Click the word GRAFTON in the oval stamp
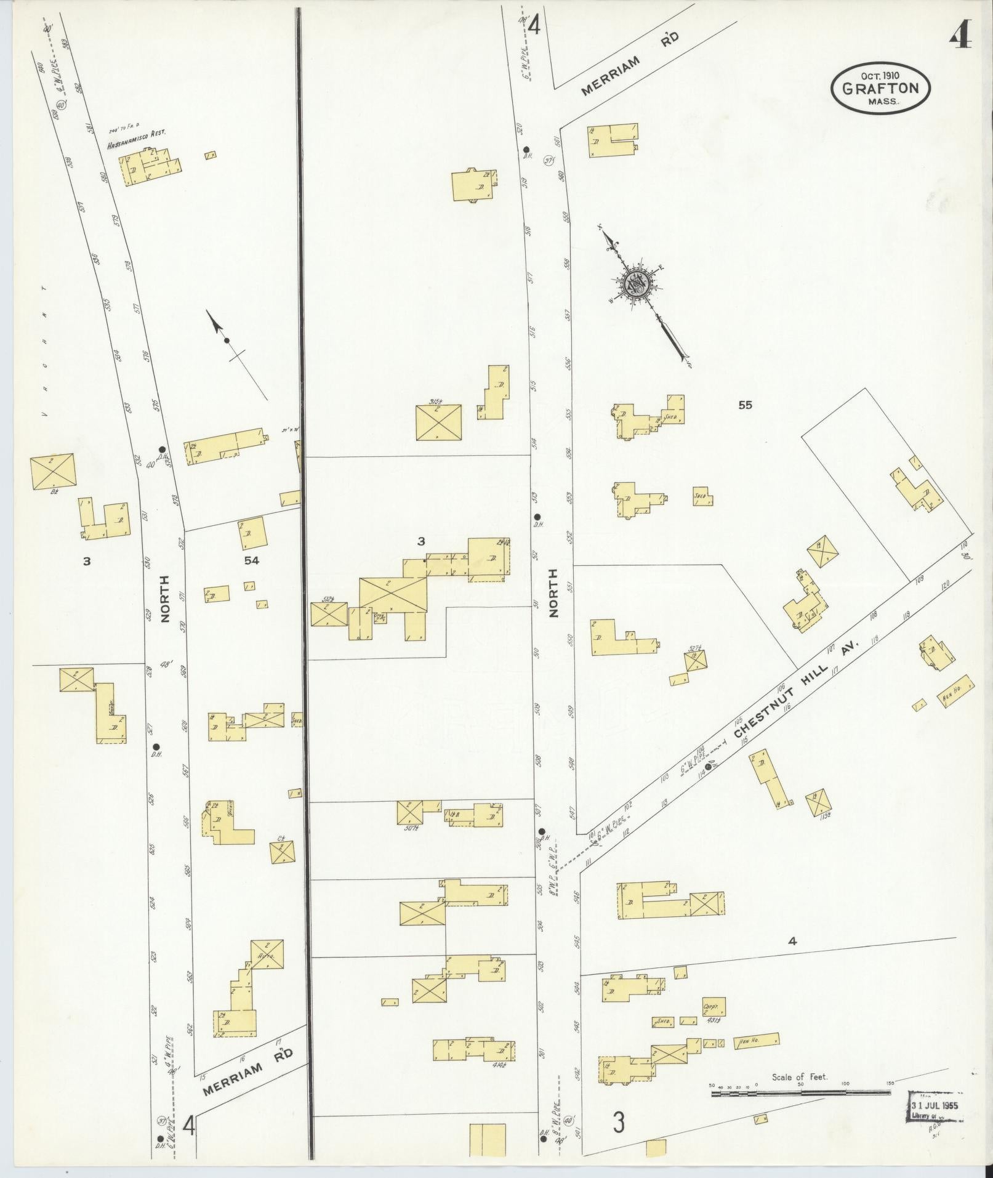pyautogui.click(x=881, y=88)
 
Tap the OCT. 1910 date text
pyautogui.click(x=880, y=75)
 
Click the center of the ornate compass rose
pyautogui.click(x=635, y=285)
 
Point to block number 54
pyautogui.click(x=251, y=560)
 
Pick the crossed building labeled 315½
pyautogui.click(x=438, y=422)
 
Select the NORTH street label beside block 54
pyautogui.click(x=164, y=603)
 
